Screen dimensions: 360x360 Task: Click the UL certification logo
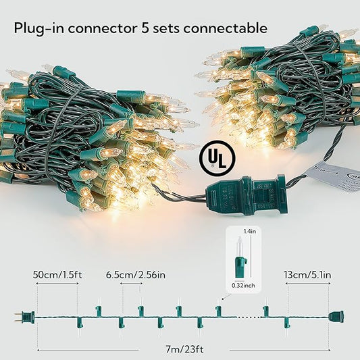tap(217, 159)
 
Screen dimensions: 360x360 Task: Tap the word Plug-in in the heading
tap(38, 28)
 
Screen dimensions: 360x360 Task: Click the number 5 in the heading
tap(145, 28)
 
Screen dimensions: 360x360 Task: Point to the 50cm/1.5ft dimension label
tap(57, 275)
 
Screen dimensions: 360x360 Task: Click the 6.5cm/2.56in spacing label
tap(136, 275)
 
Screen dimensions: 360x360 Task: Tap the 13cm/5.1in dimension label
tap(307, 275)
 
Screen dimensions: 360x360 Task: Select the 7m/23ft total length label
tap(184, 349)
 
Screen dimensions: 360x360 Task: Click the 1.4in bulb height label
tap(249, 232)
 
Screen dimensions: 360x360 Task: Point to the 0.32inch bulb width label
tap(243, 286)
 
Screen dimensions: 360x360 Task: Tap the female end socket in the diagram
tap(336, 317)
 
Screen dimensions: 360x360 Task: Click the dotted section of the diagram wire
tap(248, 317)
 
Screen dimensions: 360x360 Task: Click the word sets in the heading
tap(166, 28)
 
